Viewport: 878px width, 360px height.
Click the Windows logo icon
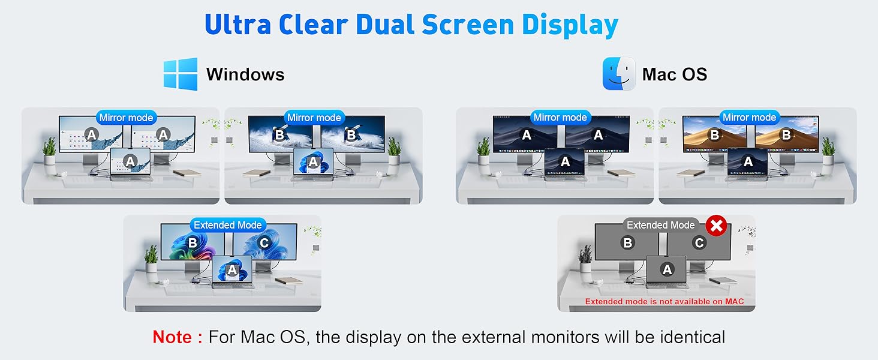tap(181, 74)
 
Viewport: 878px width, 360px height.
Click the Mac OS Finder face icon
tap(619, 74)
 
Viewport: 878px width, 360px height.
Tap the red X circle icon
tap(716, 226)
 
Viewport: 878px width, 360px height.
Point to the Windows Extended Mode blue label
tap(227, 225)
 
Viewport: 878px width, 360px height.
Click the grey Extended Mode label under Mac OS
tap(660, 225)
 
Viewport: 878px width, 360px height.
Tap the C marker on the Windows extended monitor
tap(264, 243)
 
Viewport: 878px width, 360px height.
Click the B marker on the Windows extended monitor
tap(193, 243)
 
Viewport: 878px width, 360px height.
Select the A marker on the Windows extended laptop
tap(232, 271)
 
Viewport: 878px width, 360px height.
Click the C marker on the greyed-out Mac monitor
tap(699, 243)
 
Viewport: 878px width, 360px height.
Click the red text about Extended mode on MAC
tap(664, 301)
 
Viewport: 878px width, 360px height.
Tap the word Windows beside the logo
tap(245, 74)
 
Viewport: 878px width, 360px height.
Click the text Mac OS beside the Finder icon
tap(675, 74)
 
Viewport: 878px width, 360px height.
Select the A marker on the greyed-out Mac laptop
tap(667, 270)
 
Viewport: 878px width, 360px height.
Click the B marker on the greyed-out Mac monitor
tap(628, 243)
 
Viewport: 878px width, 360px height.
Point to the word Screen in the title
tap(468, 25)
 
